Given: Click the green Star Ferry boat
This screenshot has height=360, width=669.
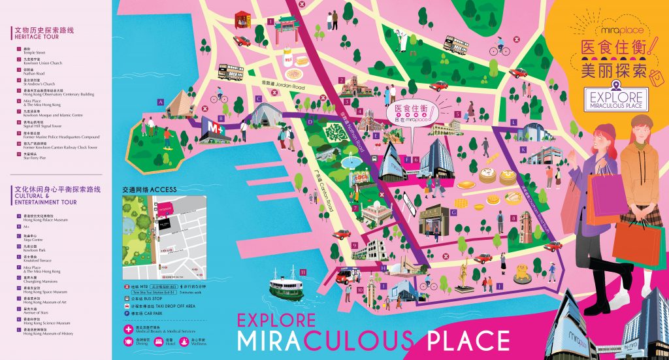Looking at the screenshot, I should pos(287,285).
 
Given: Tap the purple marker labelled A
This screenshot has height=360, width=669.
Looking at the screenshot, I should pos(160,102).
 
